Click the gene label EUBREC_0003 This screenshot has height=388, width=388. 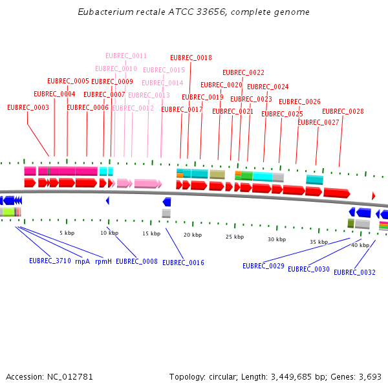(28, 107)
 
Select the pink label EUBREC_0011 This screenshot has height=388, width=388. (126, 56)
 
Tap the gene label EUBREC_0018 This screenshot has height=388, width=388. (191, 58)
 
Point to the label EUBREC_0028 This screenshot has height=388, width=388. (343, 111)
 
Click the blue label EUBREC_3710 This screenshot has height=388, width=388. (50, 261)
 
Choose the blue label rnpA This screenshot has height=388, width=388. (82, 261)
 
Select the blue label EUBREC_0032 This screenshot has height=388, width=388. (354, 272)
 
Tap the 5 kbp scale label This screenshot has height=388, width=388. (67, 233)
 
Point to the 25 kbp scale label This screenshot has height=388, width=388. (235, 237)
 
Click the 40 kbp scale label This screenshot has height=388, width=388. (360, 245)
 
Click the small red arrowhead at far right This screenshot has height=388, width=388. (373, 195)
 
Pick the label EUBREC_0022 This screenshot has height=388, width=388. (243, 72)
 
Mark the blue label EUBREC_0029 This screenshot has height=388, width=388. (263, 266)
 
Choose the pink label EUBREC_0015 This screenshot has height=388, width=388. (164, 70)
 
